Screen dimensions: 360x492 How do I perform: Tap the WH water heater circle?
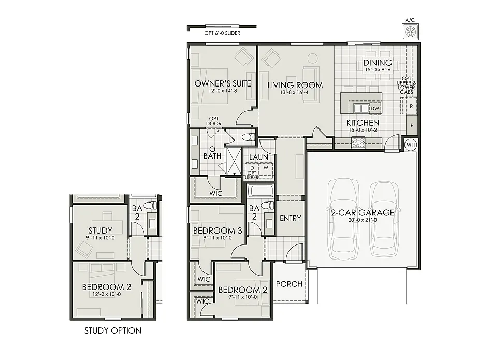(x=411, y=144)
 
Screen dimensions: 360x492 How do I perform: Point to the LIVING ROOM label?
(x=295, y=85)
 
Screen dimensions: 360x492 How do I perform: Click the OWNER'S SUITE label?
(x=223, y=83)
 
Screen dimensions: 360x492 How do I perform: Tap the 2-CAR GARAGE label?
(x=363, y=212)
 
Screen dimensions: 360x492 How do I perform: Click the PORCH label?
(x=289, y=284)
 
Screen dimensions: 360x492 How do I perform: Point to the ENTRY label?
(x=290, y=218)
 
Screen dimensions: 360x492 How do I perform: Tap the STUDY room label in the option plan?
(x=100, y=231)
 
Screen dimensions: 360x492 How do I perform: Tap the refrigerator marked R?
(x=411, y=106)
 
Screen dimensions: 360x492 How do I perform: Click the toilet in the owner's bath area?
(x=248, y=137)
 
